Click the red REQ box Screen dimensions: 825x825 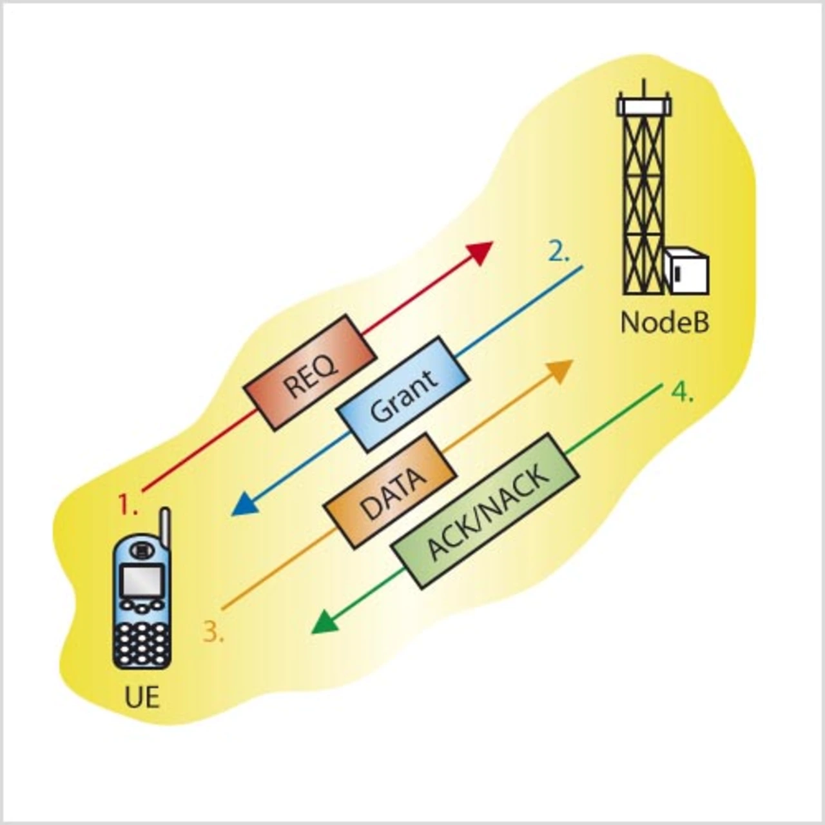[309, 371]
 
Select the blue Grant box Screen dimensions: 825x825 [403, 394]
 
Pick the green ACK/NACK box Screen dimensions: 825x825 [485, 510]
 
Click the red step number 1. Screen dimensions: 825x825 [127, 503]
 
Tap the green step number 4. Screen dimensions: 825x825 [681, 391]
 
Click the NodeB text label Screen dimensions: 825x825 [665, 322]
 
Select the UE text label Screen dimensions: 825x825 [142, 697]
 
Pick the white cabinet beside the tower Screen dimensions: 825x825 [687, 270]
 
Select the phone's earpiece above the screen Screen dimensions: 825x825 [141, 550]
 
